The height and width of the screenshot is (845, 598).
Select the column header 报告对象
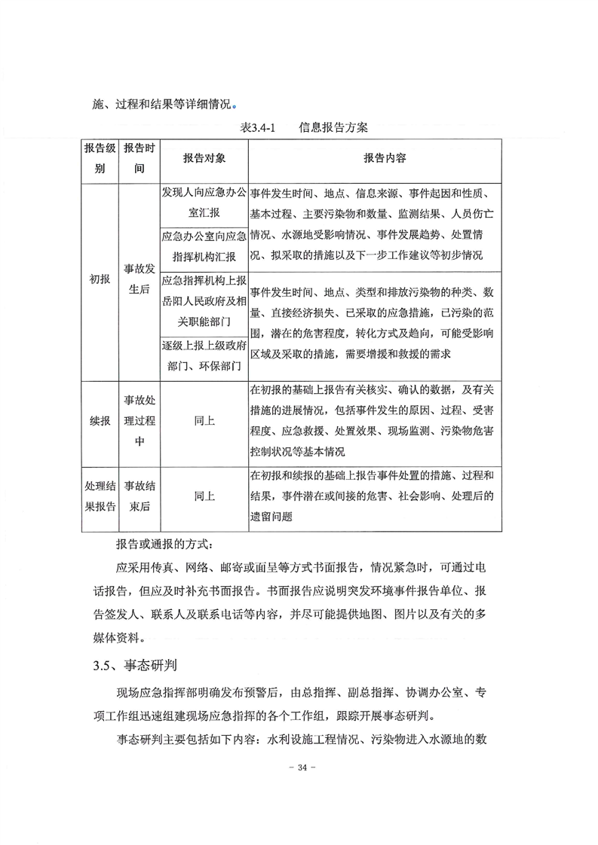pyautogui.click(x=204, y=159)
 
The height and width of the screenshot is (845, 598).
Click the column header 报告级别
pyautogui.click(x=100, y=159)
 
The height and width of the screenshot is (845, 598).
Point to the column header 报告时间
pyautogui.click(x=140, y=159)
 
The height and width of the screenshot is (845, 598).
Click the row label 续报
pyautogui.click(x=100, y=421)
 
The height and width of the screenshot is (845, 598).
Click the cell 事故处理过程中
pyautogui.click(x=140, y=421)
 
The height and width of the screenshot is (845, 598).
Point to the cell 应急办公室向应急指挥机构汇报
pyautogui.click(x=204, y=246)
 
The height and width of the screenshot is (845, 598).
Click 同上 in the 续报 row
pyautogui.click(x=204, y=421)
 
